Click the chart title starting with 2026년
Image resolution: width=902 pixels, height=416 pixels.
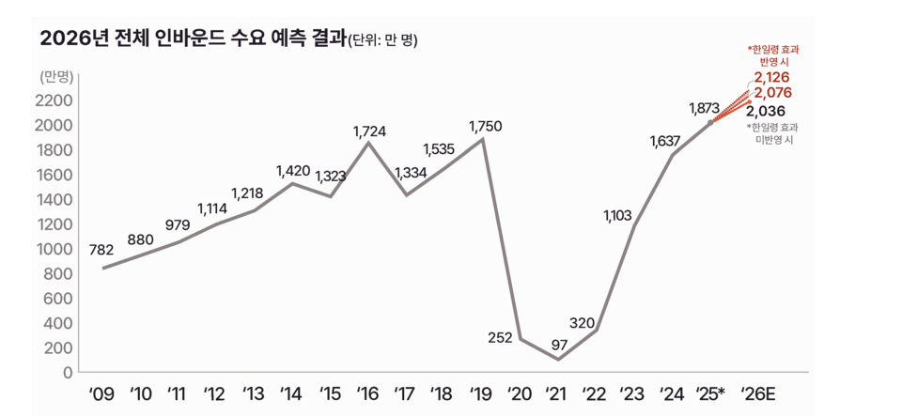point(193,39)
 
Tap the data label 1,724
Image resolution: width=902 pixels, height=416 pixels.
point(369,131)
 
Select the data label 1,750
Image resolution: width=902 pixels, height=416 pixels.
point(485,126)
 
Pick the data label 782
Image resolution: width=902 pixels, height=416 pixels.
point(101,250)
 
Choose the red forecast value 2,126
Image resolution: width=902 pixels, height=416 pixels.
point(772,77)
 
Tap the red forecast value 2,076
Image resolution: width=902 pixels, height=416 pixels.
point(772,93)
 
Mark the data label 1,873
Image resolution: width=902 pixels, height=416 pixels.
point(704,109)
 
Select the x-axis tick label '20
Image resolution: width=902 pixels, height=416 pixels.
point(520,393)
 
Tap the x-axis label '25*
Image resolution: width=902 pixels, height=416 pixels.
point(709,393)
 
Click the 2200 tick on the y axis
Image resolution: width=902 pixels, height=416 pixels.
point(55,100)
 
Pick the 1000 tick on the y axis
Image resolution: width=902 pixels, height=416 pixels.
point(55,249)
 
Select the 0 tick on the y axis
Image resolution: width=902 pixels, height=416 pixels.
point(68,372)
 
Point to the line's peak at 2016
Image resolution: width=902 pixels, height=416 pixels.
point(368,143)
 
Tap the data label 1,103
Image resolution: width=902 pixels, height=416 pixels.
point(619,216)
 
